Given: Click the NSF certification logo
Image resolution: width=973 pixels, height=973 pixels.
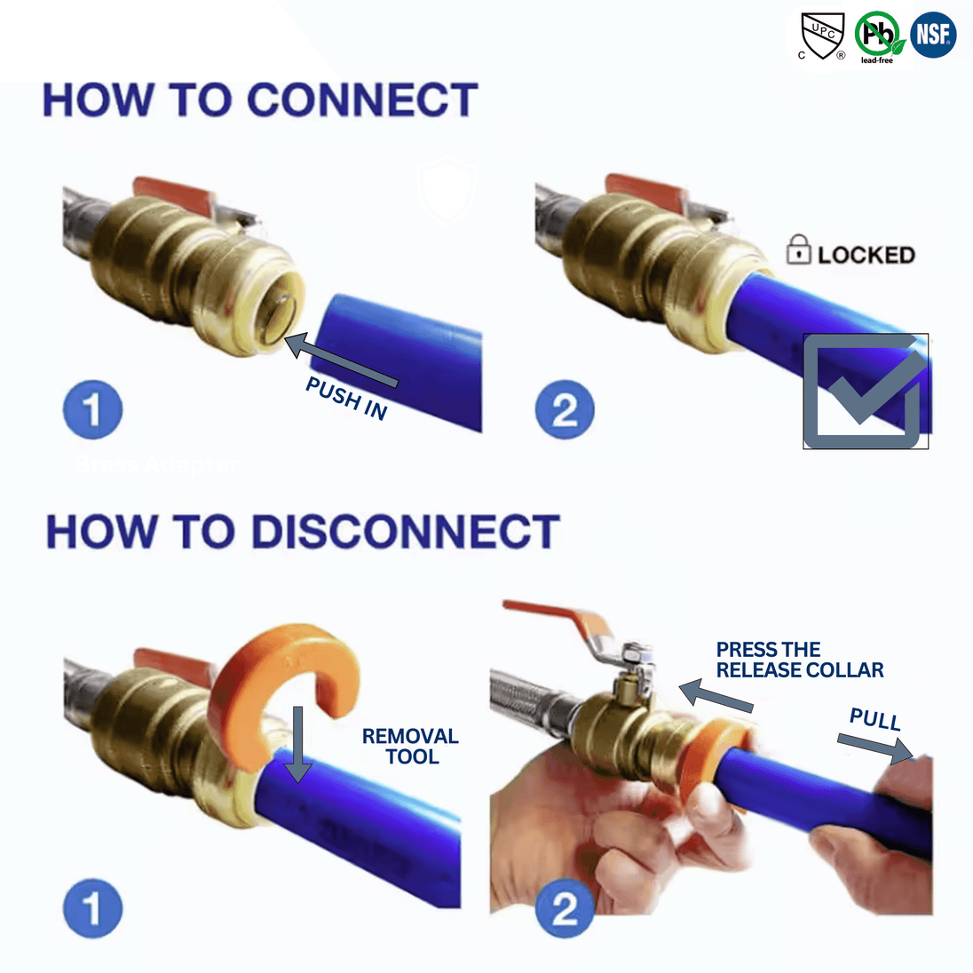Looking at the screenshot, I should coord(932,36).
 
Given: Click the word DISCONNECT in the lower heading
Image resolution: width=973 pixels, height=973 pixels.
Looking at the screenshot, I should coord(405,532).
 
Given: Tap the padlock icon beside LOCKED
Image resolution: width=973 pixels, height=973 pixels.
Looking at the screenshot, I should coord(798,250).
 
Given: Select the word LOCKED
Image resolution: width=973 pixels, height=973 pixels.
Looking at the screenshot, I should coord(866,256).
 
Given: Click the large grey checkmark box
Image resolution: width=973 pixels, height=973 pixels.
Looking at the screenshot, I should coord(865,392).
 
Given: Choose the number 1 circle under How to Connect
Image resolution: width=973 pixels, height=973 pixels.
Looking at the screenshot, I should coord(92,410).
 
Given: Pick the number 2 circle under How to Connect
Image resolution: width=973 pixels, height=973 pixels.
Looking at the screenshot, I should coord(565,410).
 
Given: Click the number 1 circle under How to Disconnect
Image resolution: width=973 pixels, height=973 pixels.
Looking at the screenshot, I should coord(92,908).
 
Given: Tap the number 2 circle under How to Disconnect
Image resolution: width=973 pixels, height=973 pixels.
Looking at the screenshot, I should coord(565,908).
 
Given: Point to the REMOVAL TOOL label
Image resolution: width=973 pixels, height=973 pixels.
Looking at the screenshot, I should coord(410,747).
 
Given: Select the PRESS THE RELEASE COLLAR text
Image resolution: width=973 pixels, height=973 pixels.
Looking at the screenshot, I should coord(799,660).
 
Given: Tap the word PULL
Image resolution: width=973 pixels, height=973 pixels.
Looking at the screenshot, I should coord(874,719).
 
